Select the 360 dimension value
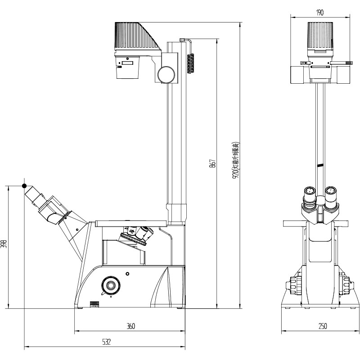tap(130, 326)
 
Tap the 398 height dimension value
tap(4, 244)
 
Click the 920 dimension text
tap(235, 161)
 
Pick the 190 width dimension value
tap(320, 13)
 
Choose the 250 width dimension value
tap(322, 326)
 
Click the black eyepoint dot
tap(25, 185)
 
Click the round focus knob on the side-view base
tap(110, 285)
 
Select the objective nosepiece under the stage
tap(135, 236)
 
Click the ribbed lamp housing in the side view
tap(135, 36)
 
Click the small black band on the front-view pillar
tap(320, 165)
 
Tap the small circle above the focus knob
tap(128, 273)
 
